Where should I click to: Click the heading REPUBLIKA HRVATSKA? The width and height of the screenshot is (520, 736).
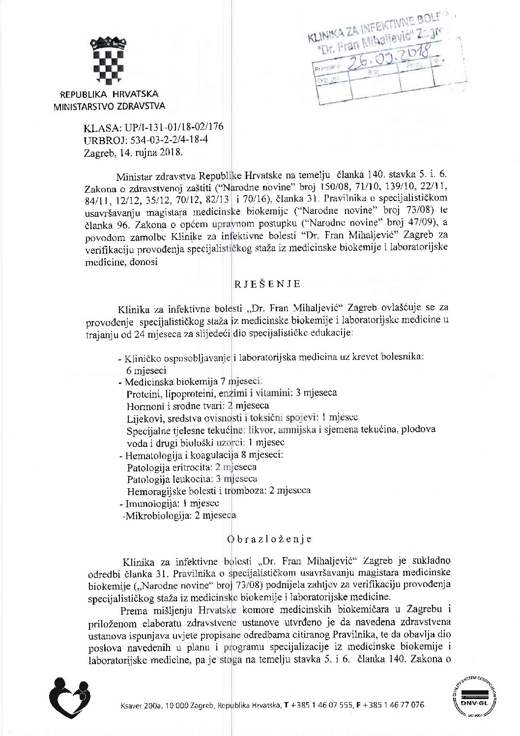point(109,94)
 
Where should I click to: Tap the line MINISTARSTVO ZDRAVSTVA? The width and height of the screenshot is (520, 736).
point(109,106)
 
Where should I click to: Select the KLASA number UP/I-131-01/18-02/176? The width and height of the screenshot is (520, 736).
point(174,127)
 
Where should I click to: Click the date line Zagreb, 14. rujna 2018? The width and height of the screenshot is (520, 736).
point(133,152)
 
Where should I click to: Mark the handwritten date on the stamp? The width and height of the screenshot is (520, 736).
point(388,59)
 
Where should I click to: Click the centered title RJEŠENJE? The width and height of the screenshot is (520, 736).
point(267,284)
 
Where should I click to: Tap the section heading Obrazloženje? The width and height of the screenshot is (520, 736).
point(269,539)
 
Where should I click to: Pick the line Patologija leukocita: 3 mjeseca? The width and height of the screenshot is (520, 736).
point(192,479)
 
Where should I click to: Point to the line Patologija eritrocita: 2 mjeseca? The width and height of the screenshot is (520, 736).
point(192,467)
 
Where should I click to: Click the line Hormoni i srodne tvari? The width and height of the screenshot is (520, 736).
point(198,406)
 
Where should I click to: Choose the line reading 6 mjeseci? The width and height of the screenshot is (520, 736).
point(146,371)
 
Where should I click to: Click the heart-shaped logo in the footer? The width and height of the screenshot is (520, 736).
point(70,698)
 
